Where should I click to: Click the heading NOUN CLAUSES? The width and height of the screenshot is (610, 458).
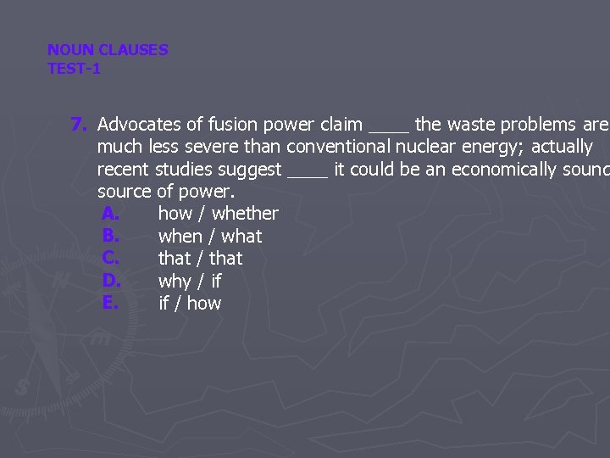point(108,50)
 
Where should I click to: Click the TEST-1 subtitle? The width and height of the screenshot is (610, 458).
point(74,69)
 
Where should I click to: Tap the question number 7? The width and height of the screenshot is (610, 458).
point(80,125)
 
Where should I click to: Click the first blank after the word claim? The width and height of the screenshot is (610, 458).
point(389,127)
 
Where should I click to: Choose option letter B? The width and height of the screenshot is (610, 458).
point(108,236)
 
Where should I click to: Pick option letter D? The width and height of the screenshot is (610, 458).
point(109,281)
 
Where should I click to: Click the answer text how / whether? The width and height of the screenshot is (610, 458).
point(218,214)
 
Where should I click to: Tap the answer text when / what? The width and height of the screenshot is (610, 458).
point(210,237)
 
